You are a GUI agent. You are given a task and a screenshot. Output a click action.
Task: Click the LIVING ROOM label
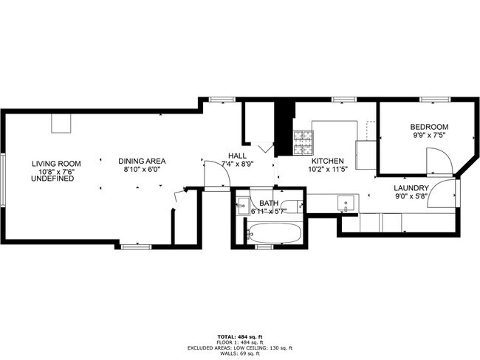pos(56,163)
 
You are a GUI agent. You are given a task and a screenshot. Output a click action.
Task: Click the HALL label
pos(237,156)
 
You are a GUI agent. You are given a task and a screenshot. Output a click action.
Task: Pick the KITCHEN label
pos(327,161)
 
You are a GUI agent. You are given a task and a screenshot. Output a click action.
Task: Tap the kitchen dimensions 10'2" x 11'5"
pos(327,169)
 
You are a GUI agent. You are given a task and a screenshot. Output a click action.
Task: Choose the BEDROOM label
pos(429,127)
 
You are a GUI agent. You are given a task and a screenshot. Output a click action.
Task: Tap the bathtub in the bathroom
pos(274,235)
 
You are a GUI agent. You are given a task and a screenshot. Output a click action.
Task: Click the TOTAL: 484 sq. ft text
pos(240,336)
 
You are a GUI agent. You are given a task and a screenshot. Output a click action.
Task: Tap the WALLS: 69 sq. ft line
pos(240,353)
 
